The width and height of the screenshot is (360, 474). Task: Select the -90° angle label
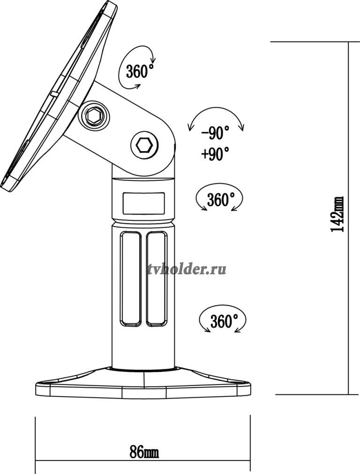point(215,133)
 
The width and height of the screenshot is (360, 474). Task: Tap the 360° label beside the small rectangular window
point(221,199)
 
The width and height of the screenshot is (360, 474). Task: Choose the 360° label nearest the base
point(224,321)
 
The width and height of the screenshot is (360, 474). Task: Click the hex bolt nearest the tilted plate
point(94,116)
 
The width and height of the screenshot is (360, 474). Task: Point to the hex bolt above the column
point(144,146)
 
